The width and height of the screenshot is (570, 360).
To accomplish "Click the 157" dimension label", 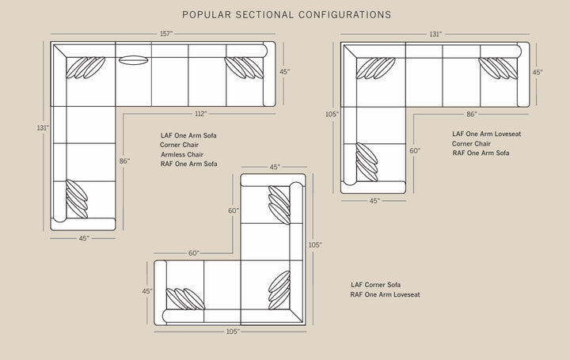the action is coord(166,34).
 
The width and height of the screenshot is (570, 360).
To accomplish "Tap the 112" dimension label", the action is coord(200,114).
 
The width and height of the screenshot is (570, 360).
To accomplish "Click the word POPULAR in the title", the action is coord(207,15).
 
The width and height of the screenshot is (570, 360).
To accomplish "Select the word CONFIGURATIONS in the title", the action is coord(345,15).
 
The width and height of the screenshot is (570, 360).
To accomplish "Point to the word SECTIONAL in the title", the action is coord(264,15).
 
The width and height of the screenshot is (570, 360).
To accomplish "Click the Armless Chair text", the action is coord(182,154).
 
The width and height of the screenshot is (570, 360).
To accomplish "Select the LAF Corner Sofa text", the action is coord(375,285).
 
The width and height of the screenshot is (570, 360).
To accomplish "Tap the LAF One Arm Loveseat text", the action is coord(486,134).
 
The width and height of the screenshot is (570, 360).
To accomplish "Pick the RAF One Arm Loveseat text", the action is coord(385,294).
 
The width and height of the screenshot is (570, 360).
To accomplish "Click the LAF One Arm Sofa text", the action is coord(188,135).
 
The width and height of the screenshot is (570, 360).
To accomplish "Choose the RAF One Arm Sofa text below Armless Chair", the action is coord(188,164).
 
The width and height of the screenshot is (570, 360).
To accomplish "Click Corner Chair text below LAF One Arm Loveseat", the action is coord(471,144).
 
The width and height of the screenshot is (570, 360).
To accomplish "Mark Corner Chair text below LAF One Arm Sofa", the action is coord(179,145).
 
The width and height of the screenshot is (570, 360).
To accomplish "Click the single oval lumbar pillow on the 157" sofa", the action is coord(134,60).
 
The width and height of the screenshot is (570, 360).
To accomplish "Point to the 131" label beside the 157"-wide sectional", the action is coord(43,128).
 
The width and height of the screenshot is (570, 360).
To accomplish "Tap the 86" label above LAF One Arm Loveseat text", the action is coord(472,114).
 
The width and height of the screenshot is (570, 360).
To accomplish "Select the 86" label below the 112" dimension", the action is coord(124,161).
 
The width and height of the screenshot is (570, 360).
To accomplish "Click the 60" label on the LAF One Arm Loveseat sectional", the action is coord(415,150).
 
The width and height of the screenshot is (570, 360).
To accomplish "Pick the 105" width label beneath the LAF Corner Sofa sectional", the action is coord(233,332).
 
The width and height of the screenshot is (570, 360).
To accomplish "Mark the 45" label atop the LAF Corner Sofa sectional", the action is coord(275,167).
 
